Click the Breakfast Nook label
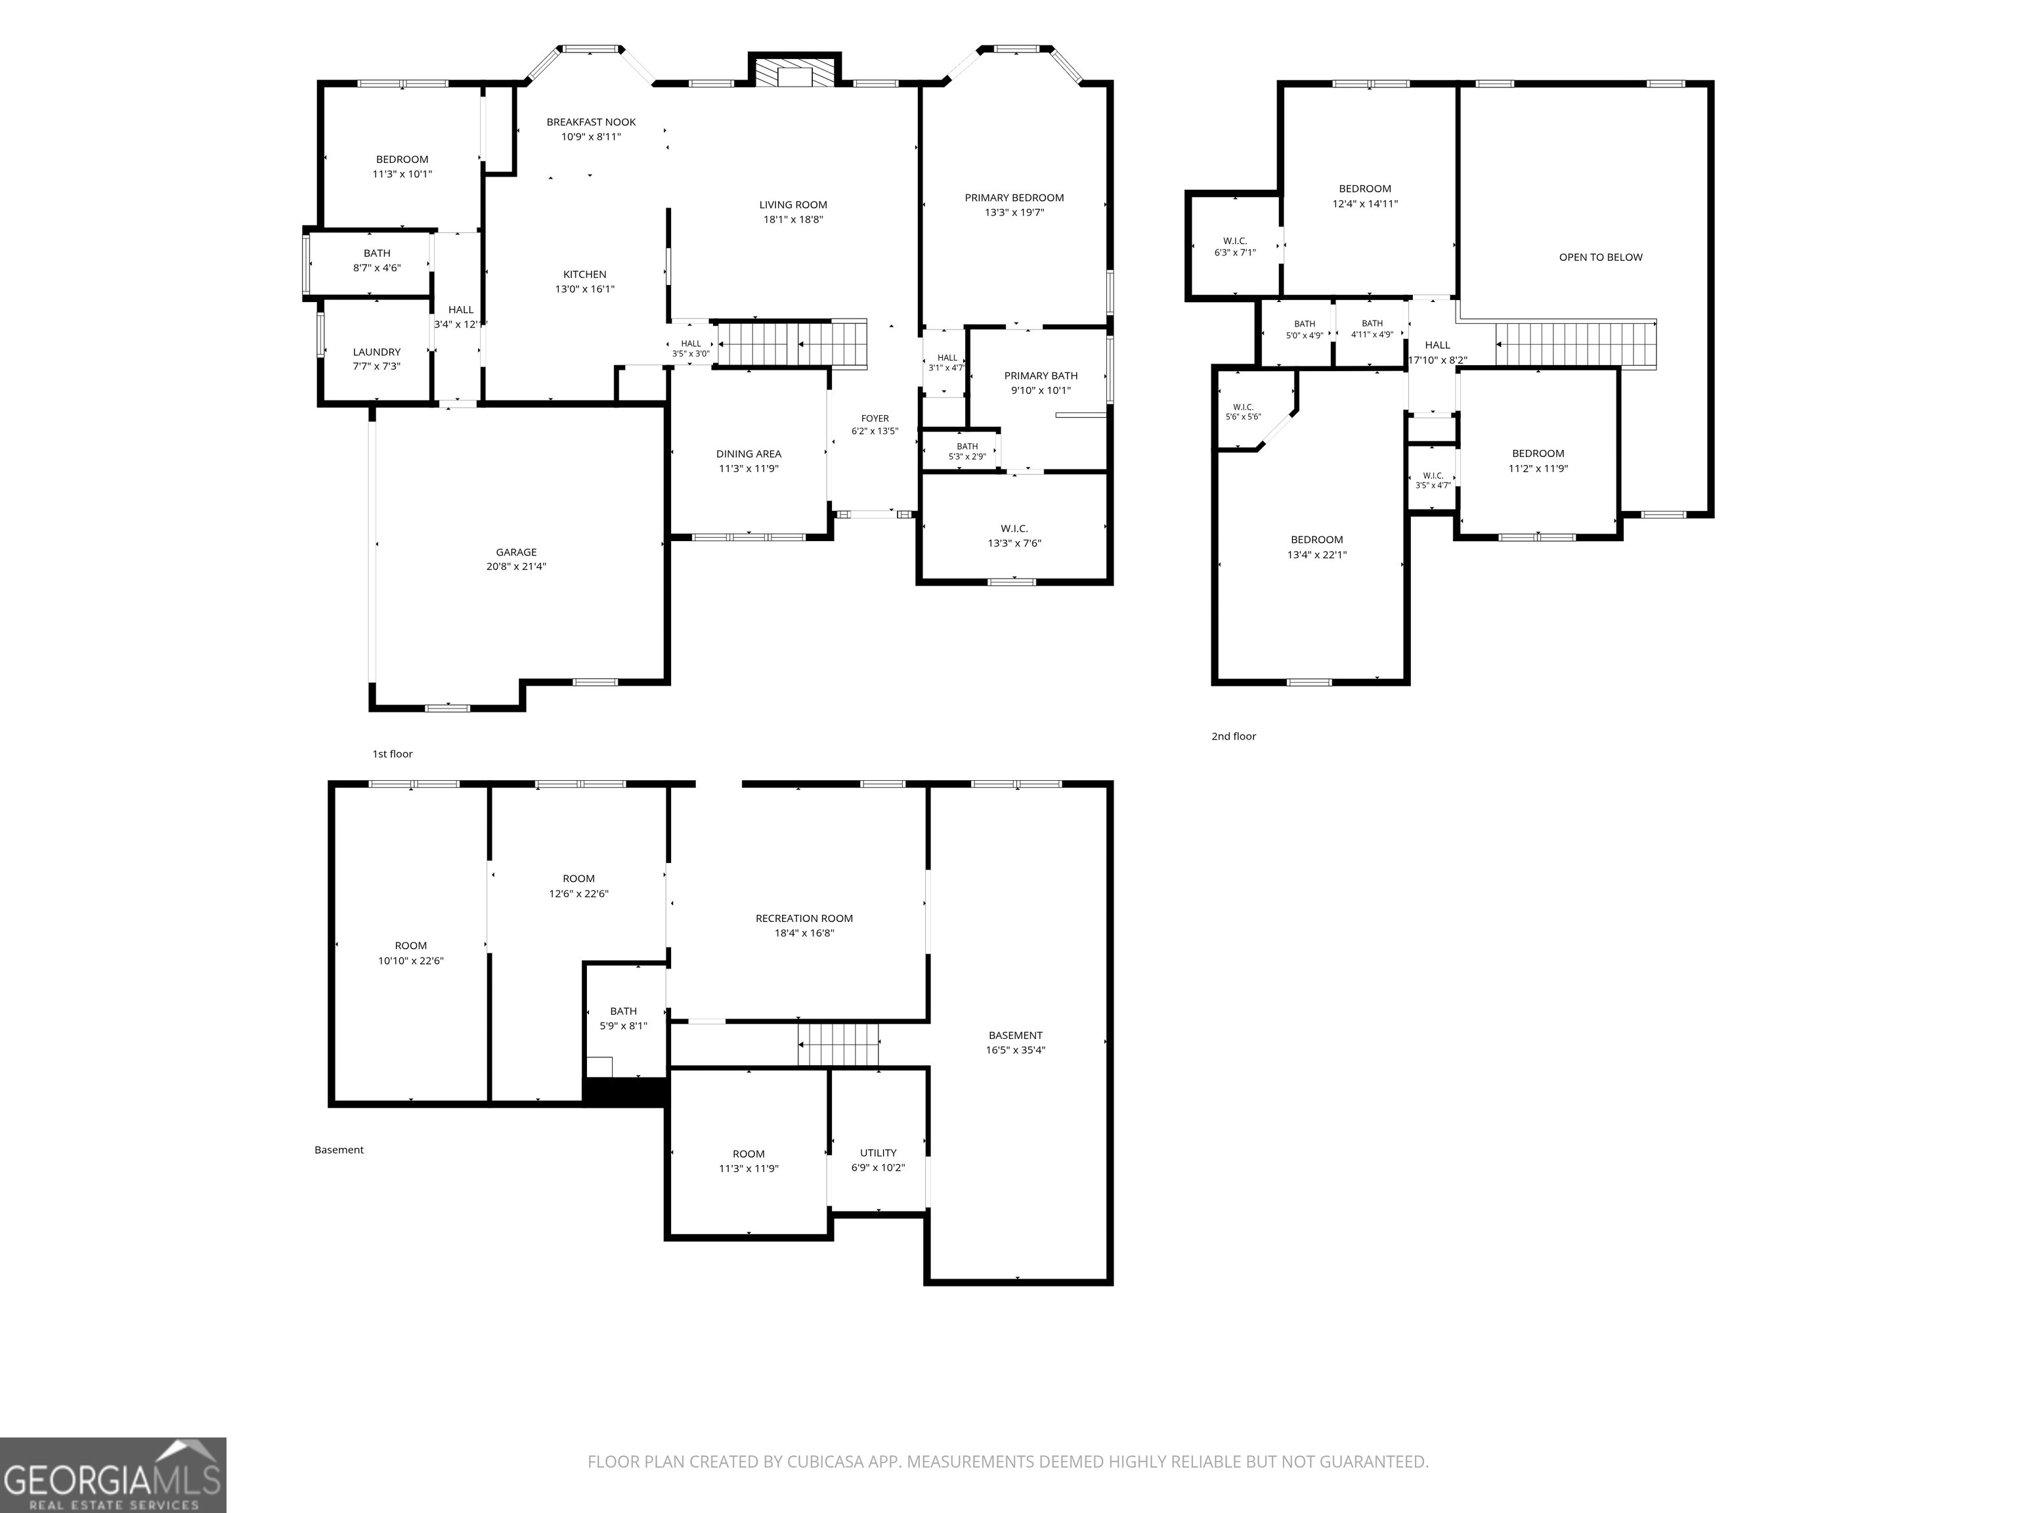591,122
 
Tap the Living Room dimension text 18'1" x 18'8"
793,220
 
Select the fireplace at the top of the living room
794,71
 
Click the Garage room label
516,552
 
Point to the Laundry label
377,352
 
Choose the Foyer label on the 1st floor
875,418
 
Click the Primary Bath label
1041,376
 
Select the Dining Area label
748,454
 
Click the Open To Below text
1600,257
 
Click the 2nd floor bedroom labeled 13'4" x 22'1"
1316,547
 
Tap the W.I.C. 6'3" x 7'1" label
1234,247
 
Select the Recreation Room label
804,919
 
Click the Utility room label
878,1152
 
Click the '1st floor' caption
392,755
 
